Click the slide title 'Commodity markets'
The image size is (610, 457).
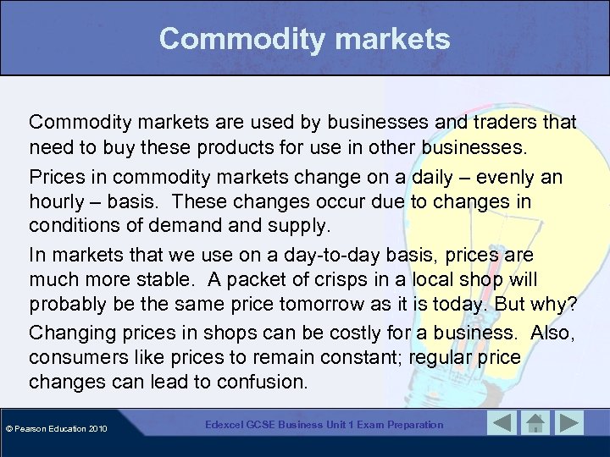click(x=304, y=38)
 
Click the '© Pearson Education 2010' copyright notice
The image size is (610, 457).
click(x=57, y=429)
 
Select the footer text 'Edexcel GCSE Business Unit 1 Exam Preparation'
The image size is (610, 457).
click(x=324, y=424)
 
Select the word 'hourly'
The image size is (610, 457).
click(x=57, y=203)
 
